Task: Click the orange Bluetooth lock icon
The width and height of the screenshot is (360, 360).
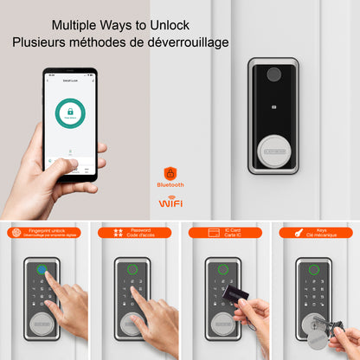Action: pyautogui.click(x=170, y=172)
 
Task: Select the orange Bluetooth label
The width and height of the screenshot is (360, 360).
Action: pyautogui.click(x=170, y=184)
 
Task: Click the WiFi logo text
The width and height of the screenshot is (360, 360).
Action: pyautogui.click(x=170, y=203)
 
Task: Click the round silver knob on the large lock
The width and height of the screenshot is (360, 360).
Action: pyautogui.click(x=273, y=144)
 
